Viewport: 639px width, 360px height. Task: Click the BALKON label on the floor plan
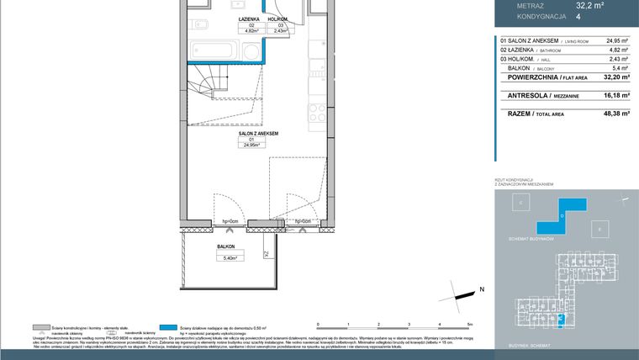click(225, 247)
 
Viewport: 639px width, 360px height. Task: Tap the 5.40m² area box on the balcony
click(225, 257)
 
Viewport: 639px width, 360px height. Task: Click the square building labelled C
click(521, 204)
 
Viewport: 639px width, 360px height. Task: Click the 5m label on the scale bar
click(470, 324)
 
